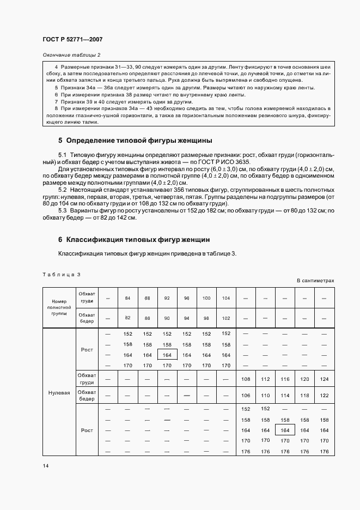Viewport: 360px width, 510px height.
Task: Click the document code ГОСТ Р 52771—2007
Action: click(x=72, y=40)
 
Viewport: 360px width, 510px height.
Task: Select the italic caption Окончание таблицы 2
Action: click(x=71, y=55)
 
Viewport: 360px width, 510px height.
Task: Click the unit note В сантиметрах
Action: click(x=315, y=281)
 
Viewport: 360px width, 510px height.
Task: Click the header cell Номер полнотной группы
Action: click(x=59, y=307)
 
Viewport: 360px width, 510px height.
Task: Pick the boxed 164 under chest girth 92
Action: click(x=167, y=355)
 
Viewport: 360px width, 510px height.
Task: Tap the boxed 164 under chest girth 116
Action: click(x=285, y=430)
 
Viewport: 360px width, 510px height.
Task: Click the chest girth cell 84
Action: click(x=127, y=298)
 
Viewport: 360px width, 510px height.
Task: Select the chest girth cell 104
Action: click(x=226, y=298)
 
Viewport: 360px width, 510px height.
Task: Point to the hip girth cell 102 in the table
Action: click(x=226, y=317)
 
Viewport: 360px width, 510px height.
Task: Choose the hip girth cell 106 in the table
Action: click(x=246, y=395)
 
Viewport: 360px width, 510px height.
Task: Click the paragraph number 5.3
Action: click(x=62, y=210)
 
